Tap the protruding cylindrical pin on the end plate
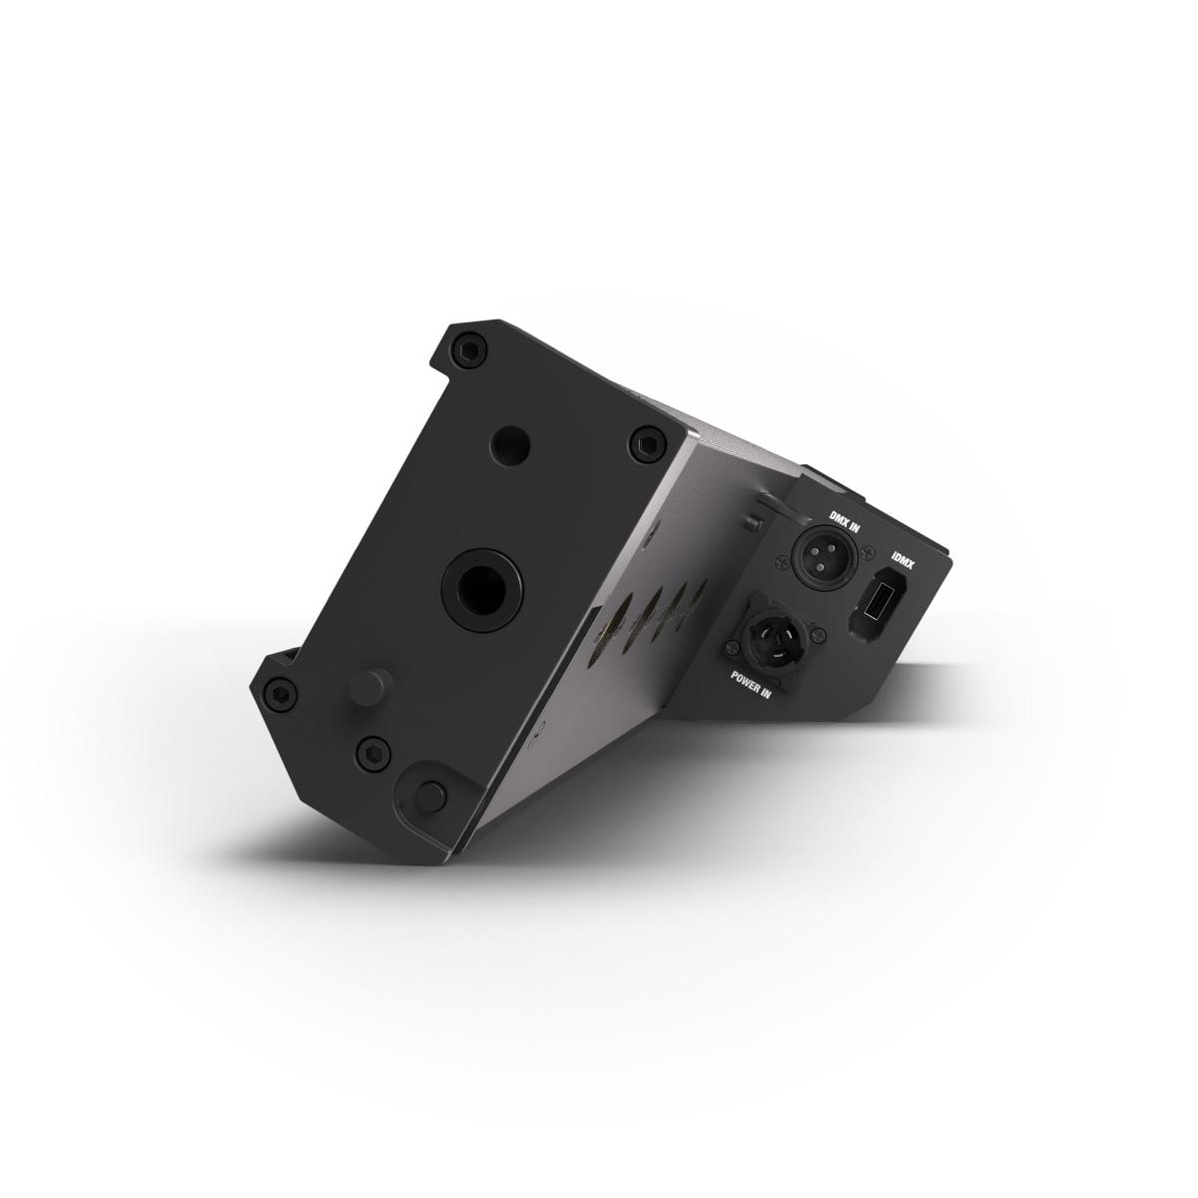tap(364, 688)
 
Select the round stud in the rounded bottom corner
tap(429, 793)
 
